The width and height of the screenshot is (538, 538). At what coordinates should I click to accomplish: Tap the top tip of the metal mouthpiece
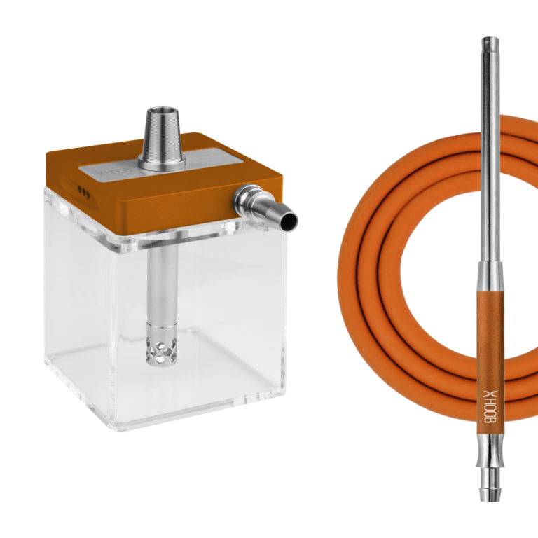pyautogui.click(x=489, y=39)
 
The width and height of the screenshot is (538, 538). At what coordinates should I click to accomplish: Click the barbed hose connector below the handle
pyautogui.click(x=489, y=480)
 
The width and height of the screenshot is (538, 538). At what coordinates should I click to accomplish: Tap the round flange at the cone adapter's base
pyautogui.click(x=163, y=164)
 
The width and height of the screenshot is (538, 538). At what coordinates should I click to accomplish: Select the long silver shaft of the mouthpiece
pyautogui.click(x=489, y=154)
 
